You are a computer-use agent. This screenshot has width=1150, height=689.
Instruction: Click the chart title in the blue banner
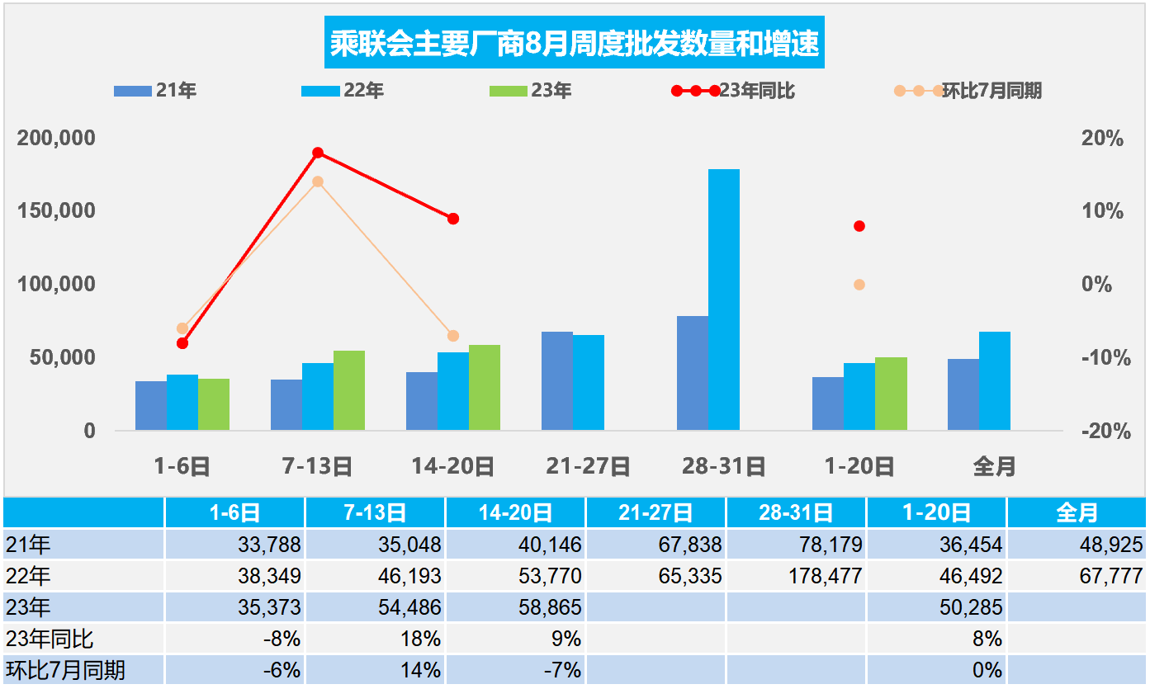click(575, 44)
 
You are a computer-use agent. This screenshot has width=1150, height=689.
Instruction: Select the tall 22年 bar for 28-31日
click(723, 300)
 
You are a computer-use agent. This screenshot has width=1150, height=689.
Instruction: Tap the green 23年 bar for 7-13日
click(348, 390)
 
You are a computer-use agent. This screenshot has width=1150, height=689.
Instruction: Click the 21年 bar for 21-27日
click(556, 380)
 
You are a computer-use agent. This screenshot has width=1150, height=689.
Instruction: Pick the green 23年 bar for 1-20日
click(890, 394)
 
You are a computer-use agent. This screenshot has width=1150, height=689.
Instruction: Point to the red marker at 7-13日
click(318, 153)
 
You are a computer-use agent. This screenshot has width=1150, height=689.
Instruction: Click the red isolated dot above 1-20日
click(859, 226)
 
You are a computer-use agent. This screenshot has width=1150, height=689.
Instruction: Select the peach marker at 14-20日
click(452, 336)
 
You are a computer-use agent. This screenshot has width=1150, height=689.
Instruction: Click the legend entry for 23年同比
click(755, 91)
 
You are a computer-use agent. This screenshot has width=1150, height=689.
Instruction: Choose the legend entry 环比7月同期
click(991, 91)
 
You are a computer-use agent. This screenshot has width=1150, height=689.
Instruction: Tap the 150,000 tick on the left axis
click(56, 211)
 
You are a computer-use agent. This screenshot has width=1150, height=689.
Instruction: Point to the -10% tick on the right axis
click(1102, 358)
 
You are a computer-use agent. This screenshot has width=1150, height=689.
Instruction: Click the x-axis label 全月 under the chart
click(993, 467)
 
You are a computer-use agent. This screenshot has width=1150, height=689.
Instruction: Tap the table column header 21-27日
click(655, 513)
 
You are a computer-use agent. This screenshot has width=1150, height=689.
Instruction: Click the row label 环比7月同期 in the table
click(66, 670)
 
